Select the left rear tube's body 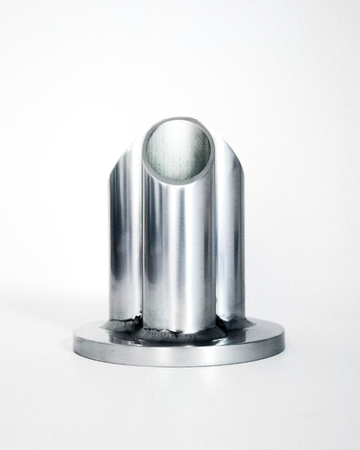tap(124, 243)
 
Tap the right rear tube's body tap(230, 243)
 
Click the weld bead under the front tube tap(178, 333)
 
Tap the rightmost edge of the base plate tap(283, 338)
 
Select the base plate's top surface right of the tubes tap(264, 331)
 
